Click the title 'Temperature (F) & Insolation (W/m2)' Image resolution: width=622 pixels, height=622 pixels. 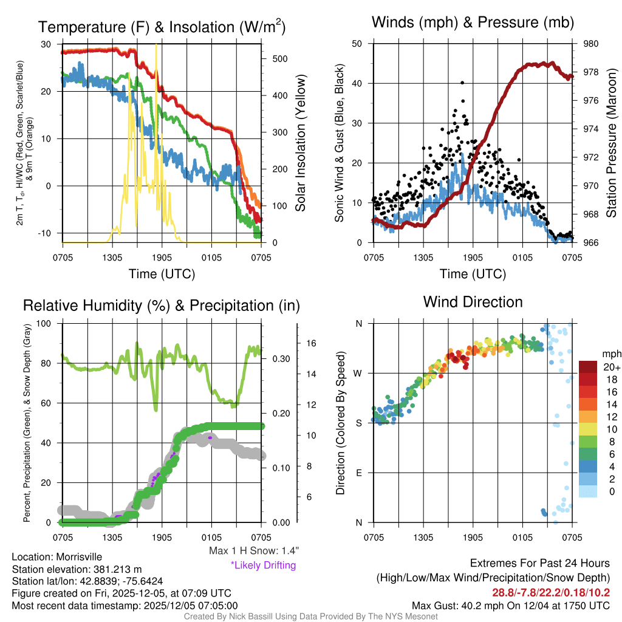pyautogui.click(x=162, y=27)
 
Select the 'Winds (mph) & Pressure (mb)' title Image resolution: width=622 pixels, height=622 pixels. pyautogui.click(x=473, y=22)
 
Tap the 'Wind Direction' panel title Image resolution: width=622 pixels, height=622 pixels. pyautogui.click(x=473, y=301)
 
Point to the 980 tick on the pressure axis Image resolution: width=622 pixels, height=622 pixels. pyautogui.click(x=591, y=44)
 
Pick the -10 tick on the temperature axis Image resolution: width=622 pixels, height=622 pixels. pyautogui.click(x=47, y=233)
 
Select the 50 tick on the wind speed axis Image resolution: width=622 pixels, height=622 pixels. pyautogui.click(x=357, y=44)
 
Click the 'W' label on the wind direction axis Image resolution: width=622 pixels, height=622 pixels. pyautogui.click(x=358, y=373)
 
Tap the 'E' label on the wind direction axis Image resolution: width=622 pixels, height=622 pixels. pyautogui.click(x=359, y=473)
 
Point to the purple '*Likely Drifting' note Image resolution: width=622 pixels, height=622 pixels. pyautogui.click(x=263, y=565)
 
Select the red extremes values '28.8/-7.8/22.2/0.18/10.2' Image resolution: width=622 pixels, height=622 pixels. pyautogui.click(x=550, y=592)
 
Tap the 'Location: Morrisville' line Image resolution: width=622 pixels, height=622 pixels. pyautogui.click(x=57, y=557)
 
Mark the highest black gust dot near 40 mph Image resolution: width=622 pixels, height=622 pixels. pyautogui.click(x=462, y=83)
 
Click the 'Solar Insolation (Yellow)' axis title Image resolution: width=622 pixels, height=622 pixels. pyautogui.click(x=300, y=143)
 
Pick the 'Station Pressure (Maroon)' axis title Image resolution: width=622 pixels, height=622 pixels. pyautogui.click(x=612, y=143)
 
